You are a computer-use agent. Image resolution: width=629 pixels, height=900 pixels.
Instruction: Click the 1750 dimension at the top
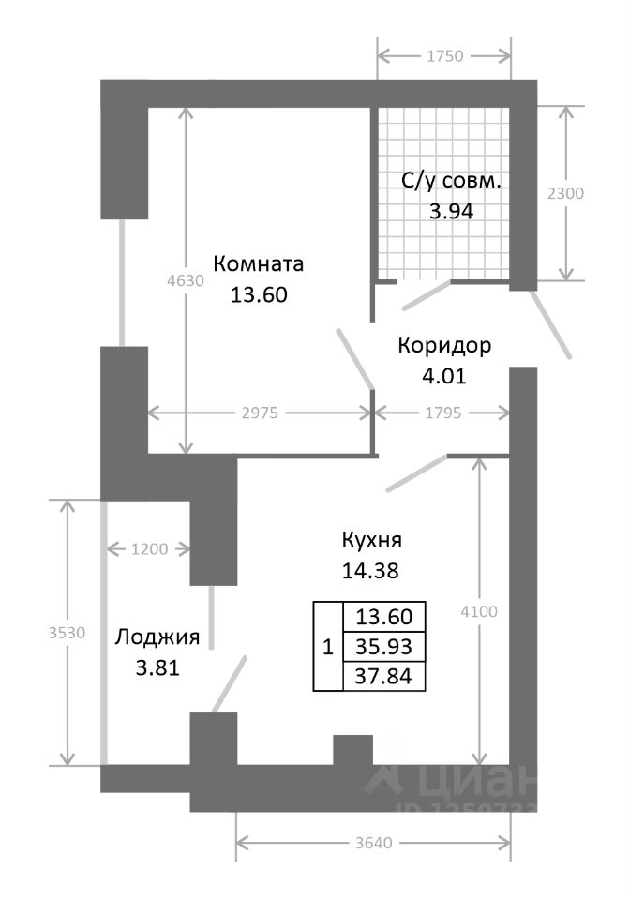pyautogui.click(x=445, y=56)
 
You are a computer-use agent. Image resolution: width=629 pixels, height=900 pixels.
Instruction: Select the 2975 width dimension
pyautogui.click(x=260, y=412)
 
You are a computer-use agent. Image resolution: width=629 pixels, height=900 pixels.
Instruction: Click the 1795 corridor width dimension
pyautogui.click(x=442, y=412)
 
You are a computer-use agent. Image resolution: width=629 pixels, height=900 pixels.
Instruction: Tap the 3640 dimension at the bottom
pyautogui.click(x=373, y=842)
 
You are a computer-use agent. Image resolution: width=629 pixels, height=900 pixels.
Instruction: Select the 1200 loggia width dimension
pyautogui.click(x=150, y=549)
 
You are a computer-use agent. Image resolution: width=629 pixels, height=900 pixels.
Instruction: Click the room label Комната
pyautogui.click(x=259, y=263)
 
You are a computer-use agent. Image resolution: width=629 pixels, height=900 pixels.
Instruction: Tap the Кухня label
pyautogui.click(x=372, y=540)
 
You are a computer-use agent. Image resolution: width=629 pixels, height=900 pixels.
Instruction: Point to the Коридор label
pyautogui.click(x=444, y=346)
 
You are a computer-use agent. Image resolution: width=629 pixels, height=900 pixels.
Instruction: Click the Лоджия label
pyautogui.click(x=157, y=638)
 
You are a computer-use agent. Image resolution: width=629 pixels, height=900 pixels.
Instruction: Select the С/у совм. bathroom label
pyautogui.click(x=452, y=181)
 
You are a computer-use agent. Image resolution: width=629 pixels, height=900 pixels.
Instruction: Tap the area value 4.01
pyautogui.click(x=444, y=376)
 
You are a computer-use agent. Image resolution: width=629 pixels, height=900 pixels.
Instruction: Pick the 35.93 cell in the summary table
pyautogui.click(x=385, y=646)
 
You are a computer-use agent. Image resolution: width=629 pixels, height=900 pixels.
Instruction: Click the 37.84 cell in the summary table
pyautogui.click(x=385, y=676)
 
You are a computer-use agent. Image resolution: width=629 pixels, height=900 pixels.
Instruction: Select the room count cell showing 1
pyautogui.click(x=327, y=646)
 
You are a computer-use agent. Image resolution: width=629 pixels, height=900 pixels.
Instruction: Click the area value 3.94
pyautogui.click(x=451, y=210)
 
